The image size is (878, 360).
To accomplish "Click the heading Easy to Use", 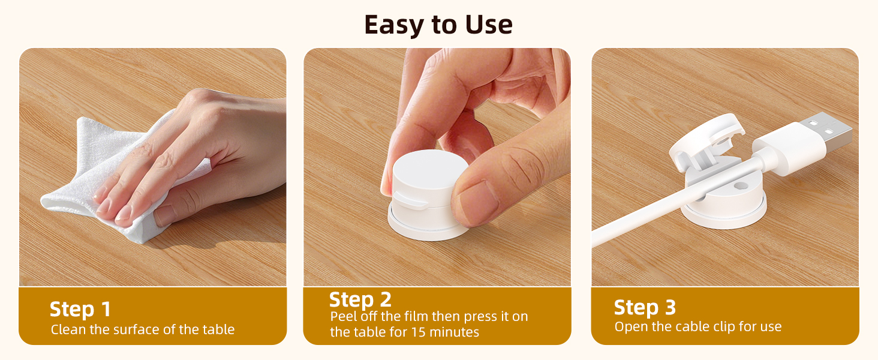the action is (x=438, y=25).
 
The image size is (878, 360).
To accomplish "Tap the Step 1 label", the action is (x=80, y=309).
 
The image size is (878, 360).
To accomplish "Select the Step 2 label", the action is (x=360, y=299).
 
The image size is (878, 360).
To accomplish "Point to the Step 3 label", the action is (x=645, y=307).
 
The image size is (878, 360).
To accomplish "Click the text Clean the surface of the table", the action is (x=143, y=329).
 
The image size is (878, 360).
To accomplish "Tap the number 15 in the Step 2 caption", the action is (x=418, y=332).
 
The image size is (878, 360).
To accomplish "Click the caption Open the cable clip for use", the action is (x=697, y=326).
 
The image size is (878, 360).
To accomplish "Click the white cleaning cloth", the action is (x=118, y=176).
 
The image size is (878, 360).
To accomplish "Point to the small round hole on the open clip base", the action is (x=741, y=185).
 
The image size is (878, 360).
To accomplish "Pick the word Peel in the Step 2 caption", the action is (x=344, y=316).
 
